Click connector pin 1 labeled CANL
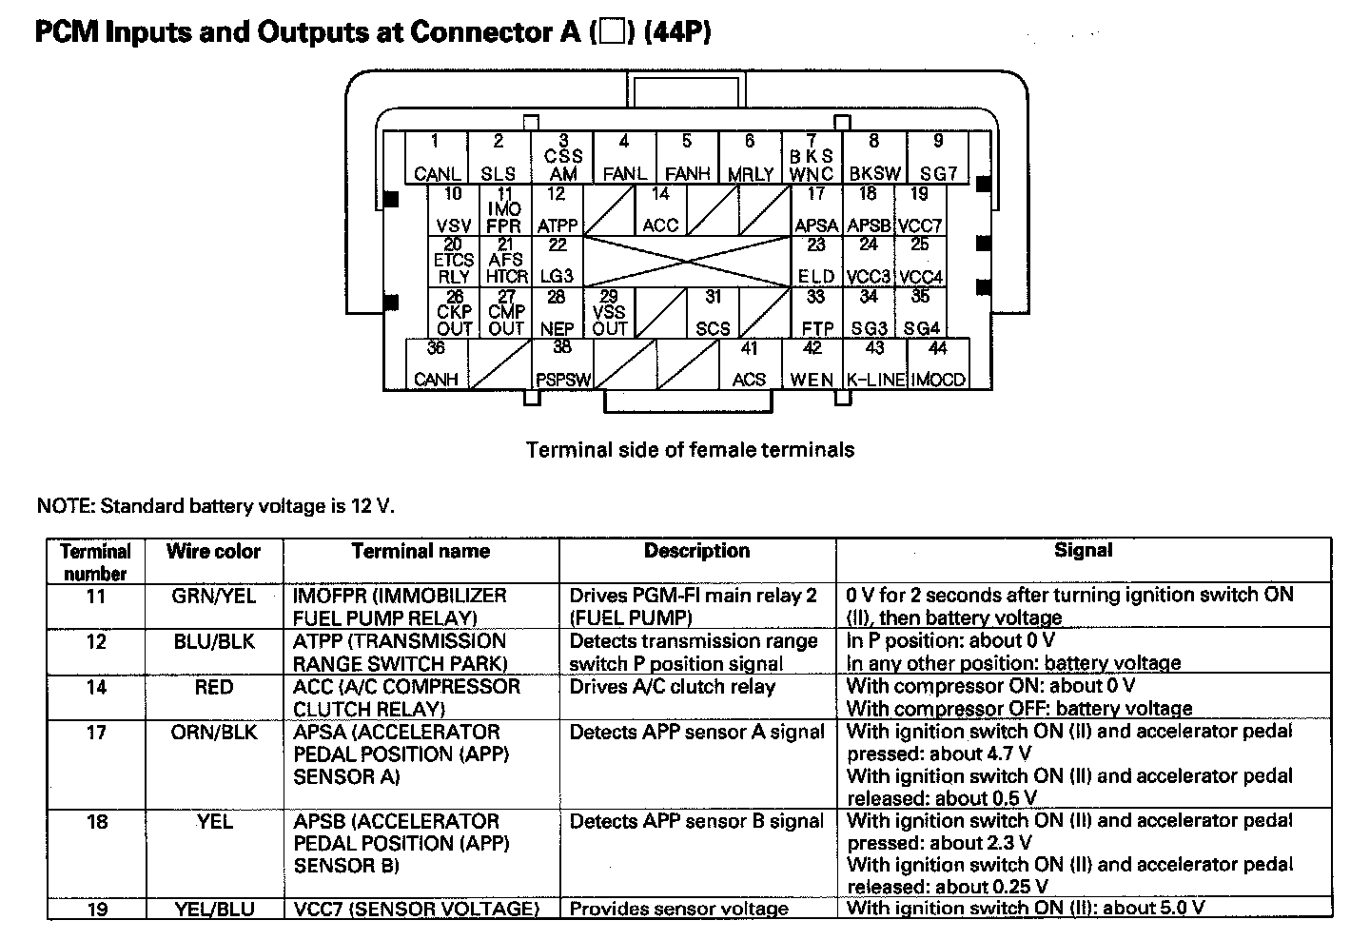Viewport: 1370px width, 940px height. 436,157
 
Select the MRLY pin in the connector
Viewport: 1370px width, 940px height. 750,157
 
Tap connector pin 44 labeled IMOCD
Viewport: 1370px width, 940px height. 938,363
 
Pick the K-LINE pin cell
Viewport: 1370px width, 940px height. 874,363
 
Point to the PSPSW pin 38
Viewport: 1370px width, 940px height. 562,363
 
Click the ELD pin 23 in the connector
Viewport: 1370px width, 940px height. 816,261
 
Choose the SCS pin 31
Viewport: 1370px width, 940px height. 713,312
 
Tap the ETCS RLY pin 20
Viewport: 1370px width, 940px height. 453,261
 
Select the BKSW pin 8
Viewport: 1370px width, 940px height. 874,157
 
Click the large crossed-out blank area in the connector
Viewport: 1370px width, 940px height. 687,261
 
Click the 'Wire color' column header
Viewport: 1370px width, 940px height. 213,551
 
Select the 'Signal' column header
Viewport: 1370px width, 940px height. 1083,550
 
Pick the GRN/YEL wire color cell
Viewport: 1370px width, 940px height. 213,596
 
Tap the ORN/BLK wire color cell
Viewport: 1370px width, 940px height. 213,732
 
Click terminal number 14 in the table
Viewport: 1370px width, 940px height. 96,687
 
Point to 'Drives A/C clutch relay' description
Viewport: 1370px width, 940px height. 672,687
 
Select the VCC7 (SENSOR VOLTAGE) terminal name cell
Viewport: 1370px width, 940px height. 417,909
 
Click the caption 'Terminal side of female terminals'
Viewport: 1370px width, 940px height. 690,450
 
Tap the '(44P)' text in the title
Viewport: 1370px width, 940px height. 677,31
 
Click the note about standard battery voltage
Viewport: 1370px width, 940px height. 216,506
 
